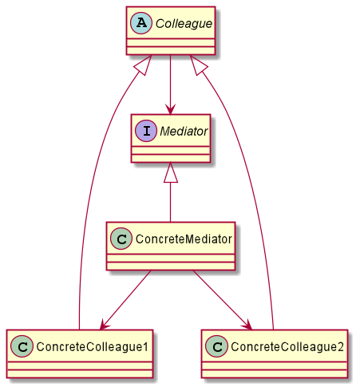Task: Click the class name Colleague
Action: [x=184, y=24]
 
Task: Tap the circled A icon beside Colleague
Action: [x=141, y=23]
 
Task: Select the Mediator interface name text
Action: [x=184, y=131]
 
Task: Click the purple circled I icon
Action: [x=146, y=131]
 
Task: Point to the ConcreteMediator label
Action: [x=184, y=239]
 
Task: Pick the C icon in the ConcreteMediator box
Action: [x=121, y=239]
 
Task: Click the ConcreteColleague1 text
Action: [x=92, y=346]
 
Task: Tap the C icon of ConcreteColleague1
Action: [x=22, y=346]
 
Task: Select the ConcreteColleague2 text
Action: [x=287, y=346]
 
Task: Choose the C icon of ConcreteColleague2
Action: [x=216, y=346]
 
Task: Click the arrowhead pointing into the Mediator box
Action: [x=170, y=110]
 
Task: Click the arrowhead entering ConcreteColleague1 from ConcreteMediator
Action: [x=104, y=325]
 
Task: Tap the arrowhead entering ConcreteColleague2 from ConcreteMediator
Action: [x=247, y=325]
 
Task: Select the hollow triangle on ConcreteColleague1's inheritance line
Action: [x=144, y=65]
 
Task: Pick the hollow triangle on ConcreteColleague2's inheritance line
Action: [x=198, y=65]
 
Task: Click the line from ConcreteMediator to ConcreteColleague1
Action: [x=125, y=300]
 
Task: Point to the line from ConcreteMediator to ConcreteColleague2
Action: [x=222, y=300]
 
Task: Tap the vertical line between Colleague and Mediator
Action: [x=170, y=85]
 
